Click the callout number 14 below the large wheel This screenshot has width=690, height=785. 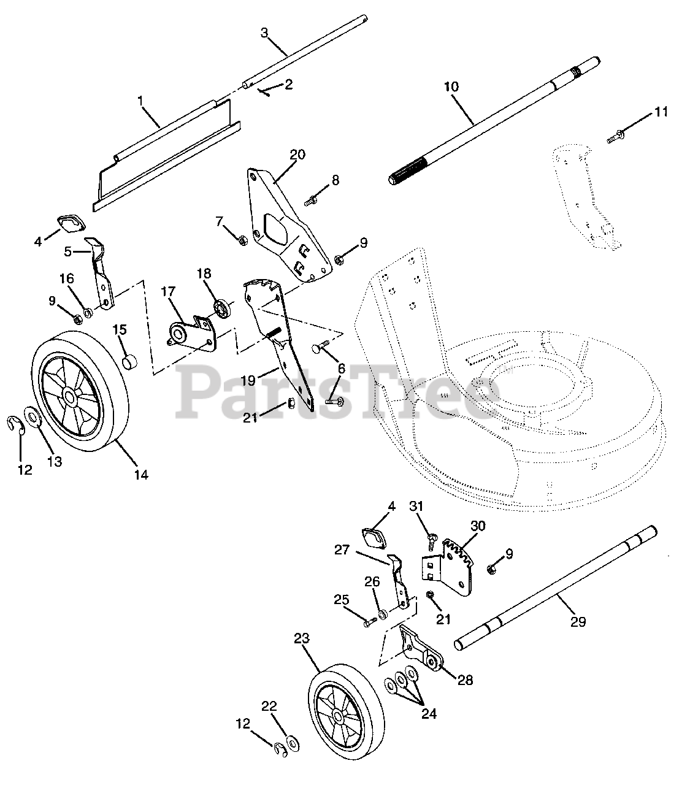click(x=141, y=474)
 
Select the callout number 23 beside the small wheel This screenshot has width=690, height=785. click(x=302, y=639)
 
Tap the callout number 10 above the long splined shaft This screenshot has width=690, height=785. click(x=451, y=86)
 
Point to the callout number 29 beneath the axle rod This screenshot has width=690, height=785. click(x=578, y=622)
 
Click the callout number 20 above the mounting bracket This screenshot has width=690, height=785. click(x=297, y=155)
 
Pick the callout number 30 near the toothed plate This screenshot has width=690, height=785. click(x=478, y=526)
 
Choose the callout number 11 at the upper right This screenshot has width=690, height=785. click(x=661, y=112)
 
